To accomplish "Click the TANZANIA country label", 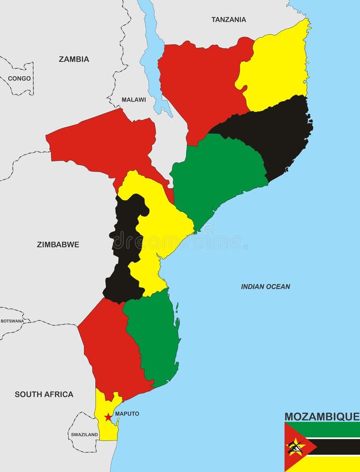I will click(x=228, y=19).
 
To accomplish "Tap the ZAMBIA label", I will click(x=74, y=59).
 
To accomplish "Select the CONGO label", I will click(x=19, y=79).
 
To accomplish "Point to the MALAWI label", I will click(x=134, y=100).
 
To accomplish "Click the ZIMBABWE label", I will click(x=58, y=244).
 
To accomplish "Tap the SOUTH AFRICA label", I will click(x=44, y=394).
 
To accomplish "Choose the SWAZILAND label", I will click(x=84, y=435).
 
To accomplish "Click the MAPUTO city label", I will click(x=127, y=414).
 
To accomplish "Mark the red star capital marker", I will click(x=108, y=417).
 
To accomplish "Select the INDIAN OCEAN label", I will click(x=265, y=287).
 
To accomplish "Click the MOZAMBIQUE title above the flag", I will click(x=322, y=417).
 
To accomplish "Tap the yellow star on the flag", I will click(x=295, y=447).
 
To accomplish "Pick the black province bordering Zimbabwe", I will click(x=126, y=246).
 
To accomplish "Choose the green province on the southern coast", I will click(x=152, y=336).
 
